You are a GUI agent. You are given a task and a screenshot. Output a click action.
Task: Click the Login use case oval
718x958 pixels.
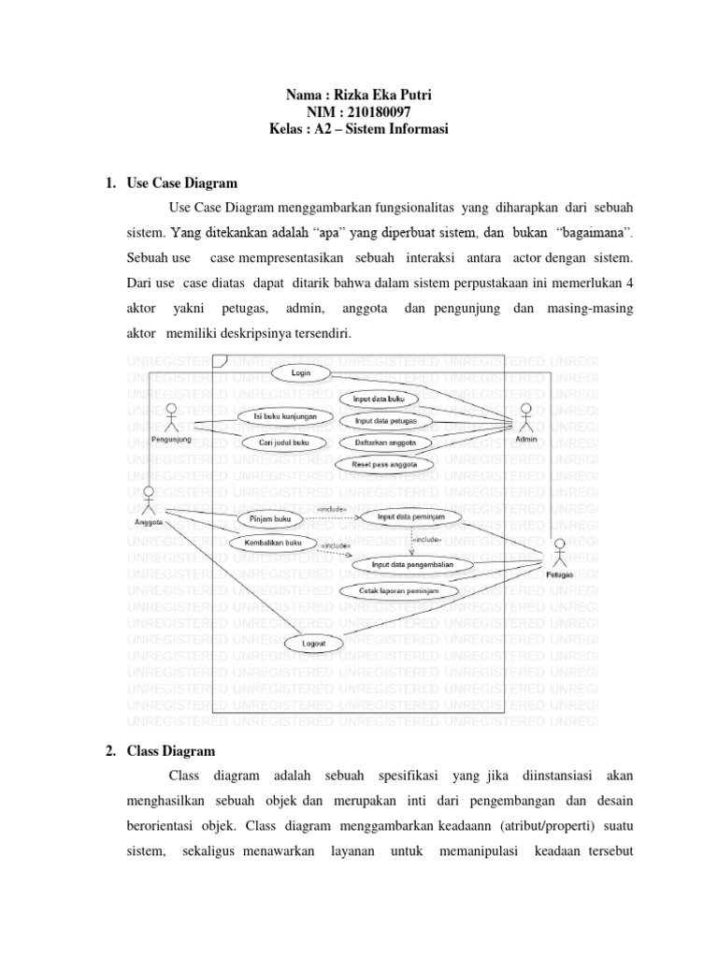[x=302, y=372]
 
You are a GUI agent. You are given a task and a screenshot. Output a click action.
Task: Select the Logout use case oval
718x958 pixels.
[x=314, y=644]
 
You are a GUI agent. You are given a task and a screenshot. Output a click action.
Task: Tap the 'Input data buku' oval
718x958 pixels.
[x=378, y=399]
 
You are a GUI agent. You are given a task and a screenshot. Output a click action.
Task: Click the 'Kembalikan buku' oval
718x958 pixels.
[x=267, y=543]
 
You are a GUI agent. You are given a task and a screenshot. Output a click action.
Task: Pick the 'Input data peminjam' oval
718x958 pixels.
[x=410, y=515]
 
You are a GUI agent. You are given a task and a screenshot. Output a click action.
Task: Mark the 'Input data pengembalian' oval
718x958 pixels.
[x=411, y=565]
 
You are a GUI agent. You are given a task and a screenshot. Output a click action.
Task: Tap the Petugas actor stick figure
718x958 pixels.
[x=560, y=556]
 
